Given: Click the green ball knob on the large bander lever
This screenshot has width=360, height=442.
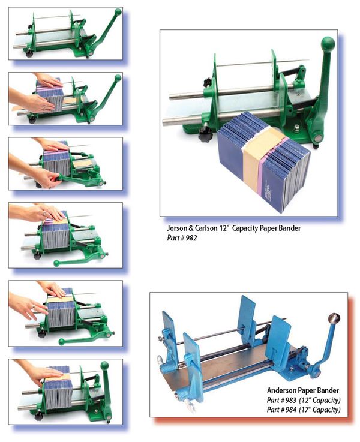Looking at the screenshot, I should (328, 44).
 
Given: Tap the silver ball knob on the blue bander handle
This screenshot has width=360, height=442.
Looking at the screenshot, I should (334, 318).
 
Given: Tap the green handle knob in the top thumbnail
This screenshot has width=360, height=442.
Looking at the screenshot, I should (118, 11).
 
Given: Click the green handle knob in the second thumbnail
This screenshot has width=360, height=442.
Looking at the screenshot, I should (118, 77).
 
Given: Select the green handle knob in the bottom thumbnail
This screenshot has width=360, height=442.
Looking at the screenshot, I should (104, 365).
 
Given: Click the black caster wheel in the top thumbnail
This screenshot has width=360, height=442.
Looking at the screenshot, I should (28, 54).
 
